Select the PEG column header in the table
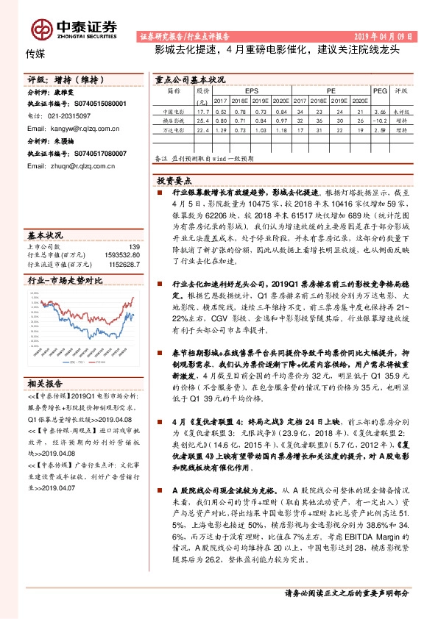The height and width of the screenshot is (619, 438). (x=380, y=91)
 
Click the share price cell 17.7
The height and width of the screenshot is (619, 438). (x=204, y=110)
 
